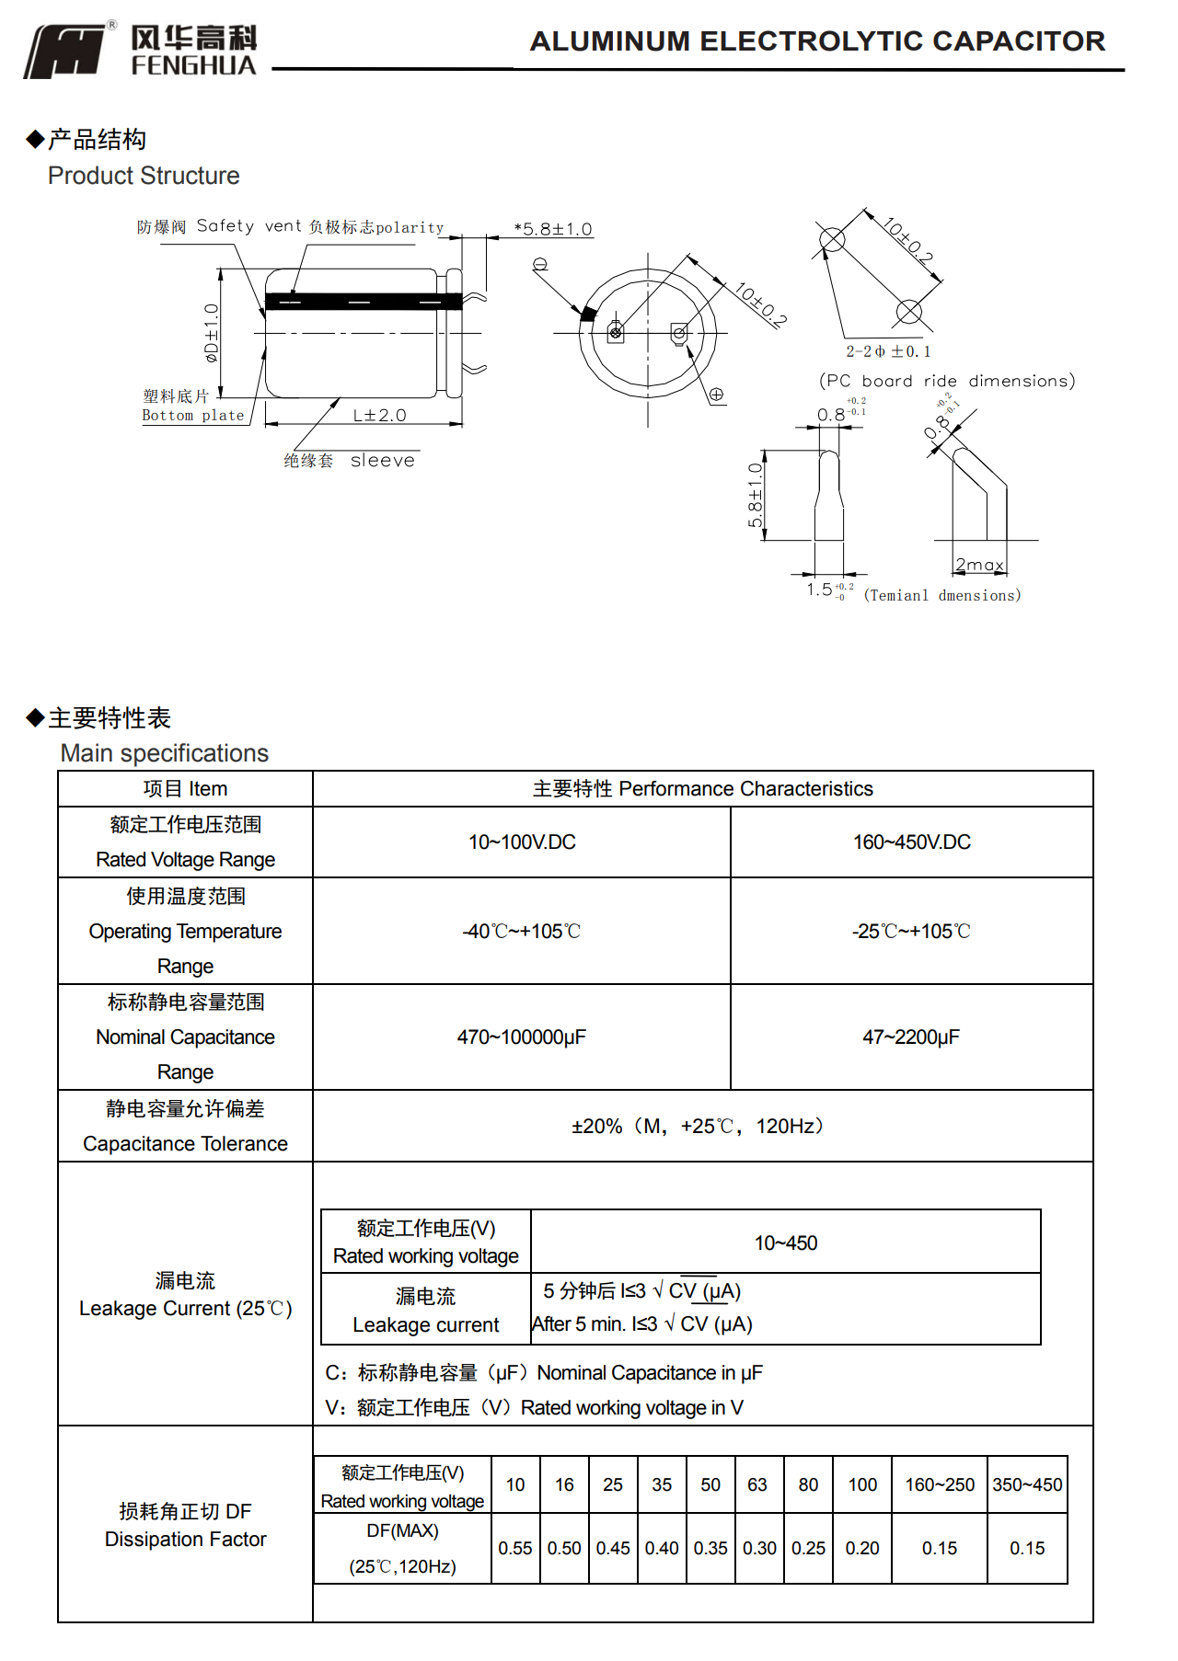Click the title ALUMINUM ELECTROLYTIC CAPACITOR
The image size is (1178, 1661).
(817, 41)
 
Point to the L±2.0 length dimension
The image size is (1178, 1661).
(379, 416)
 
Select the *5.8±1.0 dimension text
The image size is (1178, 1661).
(553, 229)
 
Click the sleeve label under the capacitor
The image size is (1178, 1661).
(382, 461)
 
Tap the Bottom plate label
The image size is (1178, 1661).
(193, 415)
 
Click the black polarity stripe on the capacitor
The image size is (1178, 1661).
(364, 301)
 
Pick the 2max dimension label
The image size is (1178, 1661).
(979, 565)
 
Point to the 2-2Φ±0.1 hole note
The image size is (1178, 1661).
(888, 351)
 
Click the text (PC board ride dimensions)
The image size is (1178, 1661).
(947, 381)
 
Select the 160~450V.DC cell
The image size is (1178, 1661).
(911, 842)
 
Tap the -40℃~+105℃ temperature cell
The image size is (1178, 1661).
(521, 932)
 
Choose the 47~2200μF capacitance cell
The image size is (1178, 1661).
(911, 1037)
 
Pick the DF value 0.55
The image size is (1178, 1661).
(515, 1549)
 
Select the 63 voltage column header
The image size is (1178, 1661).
(757, 1485)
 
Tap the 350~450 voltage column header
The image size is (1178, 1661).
(1027, 1485)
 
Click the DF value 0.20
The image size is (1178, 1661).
(862, 1549)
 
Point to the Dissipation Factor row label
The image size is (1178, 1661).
(185, 1540)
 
